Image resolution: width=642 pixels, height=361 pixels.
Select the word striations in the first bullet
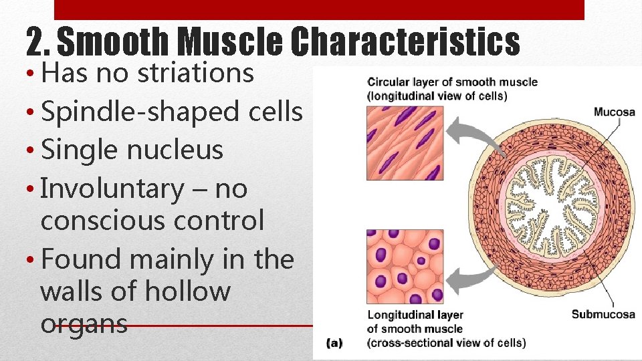[195, 73]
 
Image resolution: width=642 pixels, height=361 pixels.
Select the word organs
[84, 324]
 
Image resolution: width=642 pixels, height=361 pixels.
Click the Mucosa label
[614, 112]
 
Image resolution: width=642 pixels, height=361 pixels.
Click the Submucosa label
[603, 314]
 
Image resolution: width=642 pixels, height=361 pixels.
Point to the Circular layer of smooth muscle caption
[452, 88]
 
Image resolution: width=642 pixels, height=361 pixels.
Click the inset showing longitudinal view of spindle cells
[405, 142]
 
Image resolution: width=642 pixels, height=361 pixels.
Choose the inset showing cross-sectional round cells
[405, 266]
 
